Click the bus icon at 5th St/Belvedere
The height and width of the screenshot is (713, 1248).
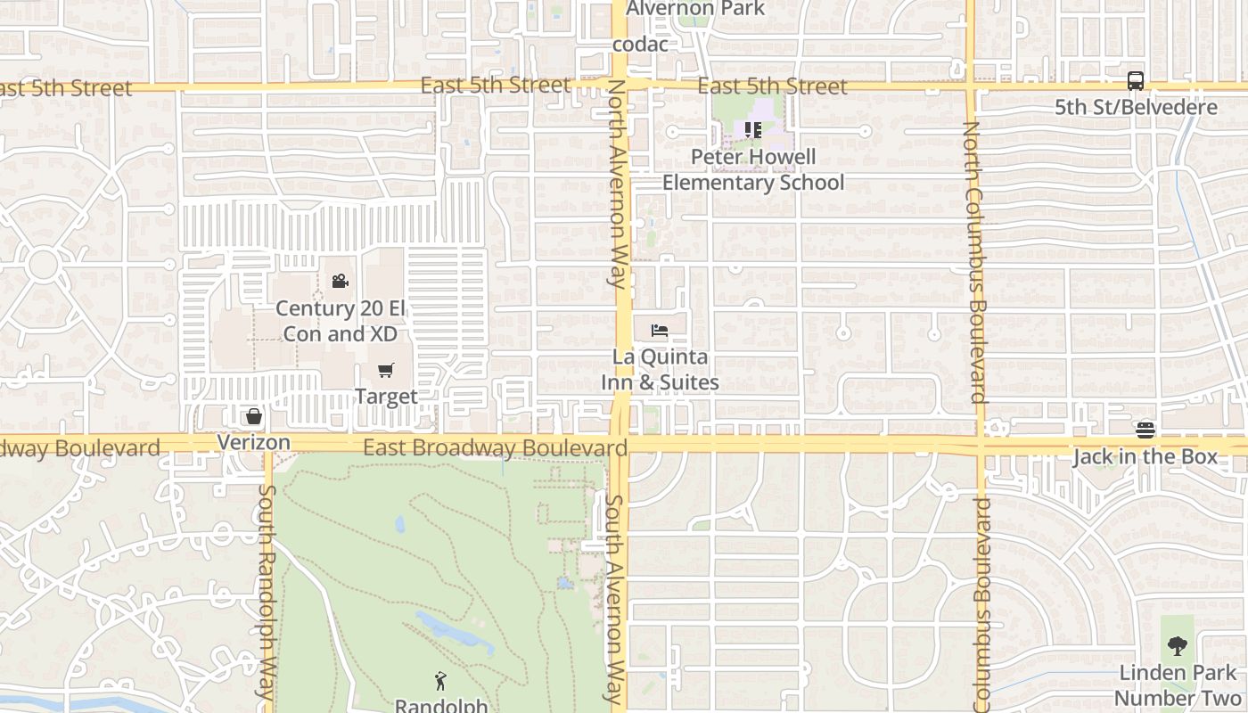[1135, 81]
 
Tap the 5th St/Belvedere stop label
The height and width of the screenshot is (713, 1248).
[1136, 108]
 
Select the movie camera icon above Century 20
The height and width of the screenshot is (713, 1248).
[340, 282]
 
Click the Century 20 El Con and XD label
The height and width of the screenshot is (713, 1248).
[340, 321]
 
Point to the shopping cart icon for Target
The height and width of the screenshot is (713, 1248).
[386, 371]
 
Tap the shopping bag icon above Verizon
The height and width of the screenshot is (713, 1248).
[254, 416]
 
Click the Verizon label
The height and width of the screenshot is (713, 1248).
[254, 442]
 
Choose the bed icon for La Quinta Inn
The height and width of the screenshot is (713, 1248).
[660, 331]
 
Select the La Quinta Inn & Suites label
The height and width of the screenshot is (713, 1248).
[660, 370]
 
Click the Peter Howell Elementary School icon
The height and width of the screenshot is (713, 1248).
[753, 130]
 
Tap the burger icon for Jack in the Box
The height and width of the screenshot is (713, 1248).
[1145, 431]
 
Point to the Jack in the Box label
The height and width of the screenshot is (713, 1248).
[1145, 457]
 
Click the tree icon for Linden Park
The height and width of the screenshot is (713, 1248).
[1178, 646]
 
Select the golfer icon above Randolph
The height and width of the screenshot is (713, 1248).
[440, 682]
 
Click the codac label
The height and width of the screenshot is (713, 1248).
[640, 44]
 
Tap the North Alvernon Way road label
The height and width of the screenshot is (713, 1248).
[617, 184]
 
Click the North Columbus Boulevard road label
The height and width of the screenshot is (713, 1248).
[973, 262]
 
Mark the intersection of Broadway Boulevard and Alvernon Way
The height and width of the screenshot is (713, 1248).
[621, 444]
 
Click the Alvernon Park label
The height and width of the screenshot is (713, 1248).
[695, 9]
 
